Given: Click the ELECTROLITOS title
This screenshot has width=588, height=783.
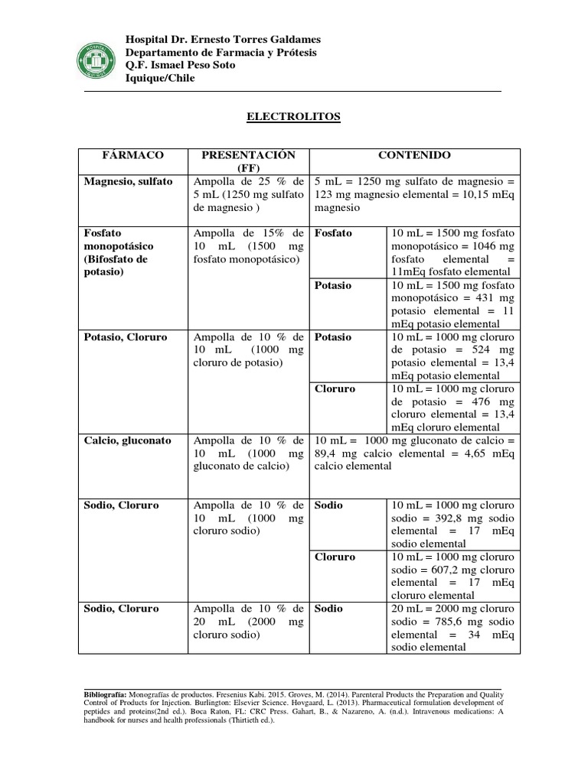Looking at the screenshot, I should (x=293, y=117).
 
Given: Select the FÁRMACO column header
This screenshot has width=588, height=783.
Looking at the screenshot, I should (x=133, y=155).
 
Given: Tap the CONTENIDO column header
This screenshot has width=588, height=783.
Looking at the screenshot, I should (x=414, y=155).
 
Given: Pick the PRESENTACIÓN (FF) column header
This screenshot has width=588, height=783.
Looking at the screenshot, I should (x=248, y=161).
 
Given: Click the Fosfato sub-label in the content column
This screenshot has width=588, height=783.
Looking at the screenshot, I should (x=333, y=233).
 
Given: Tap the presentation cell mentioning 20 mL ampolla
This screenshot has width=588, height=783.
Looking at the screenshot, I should (x=249, y=622).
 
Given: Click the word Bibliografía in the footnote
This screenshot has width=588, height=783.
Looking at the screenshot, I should (x=106, y=694).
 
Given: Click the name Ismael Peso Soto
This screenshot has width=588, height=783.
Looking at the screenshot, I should (x=192, y=65).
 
